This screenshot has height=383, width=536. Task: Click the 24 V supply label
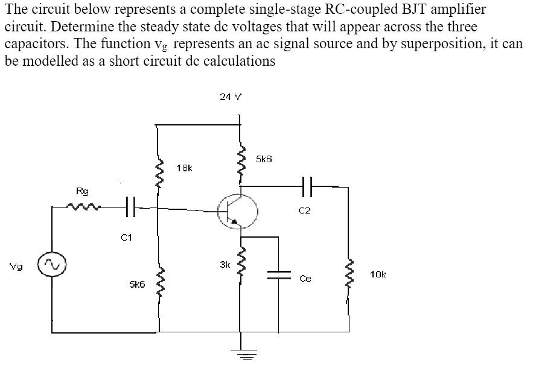(231, 96)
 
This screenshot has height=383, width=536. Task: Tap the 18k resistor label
(184, 167)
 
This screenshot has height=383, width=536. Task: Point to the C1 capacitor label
(126, 237)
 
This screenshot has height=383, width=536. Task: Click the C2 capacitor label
(304, 210)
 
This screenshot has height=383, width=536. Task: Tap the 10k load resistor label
(378, 274)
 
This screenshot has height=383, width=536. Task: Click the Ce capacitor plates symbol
(278, 274)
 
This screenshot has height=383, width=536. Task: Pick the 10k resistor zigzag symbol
(349, 274)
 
